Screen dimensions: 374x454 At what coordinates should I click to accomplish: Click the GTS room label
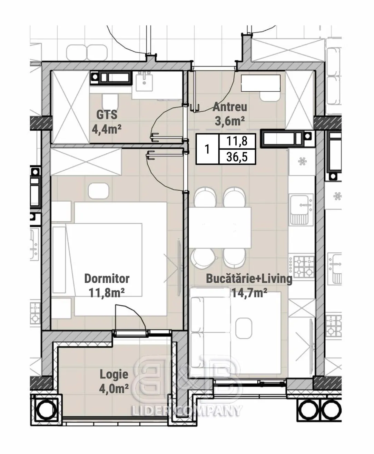point(107,115)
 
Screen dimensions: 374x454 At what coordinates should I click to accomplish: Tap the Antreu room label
point(230,107)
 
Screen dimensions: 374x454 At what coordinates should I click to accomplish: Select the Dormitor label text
point(107,279)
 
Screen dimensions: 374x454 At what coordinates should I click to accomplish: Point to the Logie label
point(114,375)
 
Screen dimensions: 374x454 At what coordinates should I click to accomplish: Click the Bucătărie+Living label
point(249,279)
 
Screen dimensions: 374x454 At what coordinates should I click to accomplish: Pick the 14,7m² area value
point(249,293)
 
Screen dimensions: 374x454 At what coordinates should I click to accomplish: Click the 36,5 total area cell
point(237,157)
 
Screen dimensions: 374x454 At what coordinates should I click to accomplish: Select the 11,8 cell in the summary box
point(237,141)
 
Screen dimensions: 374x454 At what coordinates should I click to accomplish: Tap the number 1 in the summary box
point(207,149)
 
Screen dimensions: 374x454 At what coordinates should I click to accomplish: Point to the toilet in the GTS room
point(110,101)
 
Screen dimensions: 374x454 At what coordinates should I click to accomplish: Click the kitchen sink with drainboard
point(302,210)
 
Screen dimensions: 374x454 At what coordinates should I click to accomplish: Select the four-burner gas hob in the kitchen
point(302,266)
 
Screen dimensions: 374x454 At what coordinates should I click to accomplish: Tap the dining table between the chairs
point(220,228)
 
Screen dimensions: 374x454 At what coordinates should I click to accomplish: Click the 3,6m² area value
point(230,121)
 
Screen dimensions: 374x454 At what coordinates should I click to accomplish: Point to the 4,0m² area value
point(114,389)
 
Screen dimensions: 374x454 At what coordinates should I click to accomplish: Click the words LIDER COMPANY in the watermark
point(187,411)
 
